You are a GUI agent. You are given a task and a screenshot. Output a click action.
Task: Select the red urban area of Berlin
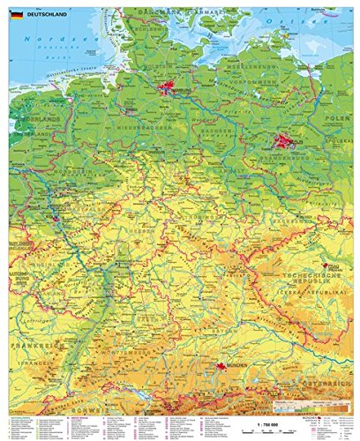[x=284, y=140]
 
